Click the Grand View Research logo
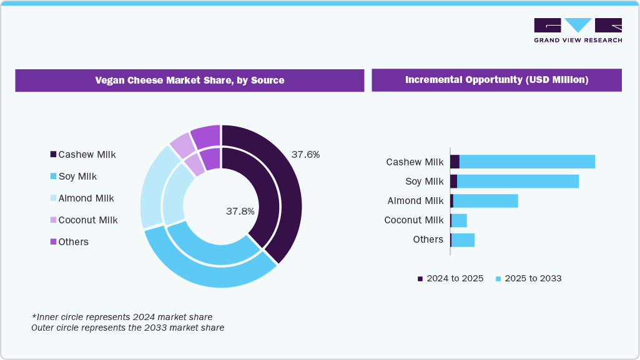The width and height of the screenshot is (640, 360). tap(578, 30)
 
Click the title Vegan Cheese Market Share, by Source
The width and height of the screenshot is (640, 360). tap(189, 80)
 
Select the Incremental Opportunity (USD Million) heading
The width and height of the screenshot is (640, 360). tap(496, 80)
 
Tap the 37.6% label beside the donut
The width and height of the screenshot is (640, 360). tap(305, 154)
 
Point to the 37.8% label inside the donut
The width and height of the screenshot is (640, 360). tap(240, 212)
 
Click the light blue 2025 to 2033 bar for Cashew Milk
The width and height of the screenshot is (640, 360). tap(527, 162)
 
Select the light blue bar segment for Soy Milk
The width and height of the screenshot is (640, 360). tap(518, 182)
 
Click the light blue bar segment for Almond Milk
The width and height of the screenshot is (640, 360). tap(485, 201)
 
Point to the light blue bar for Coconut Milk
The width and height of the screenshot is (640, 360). tap(459, 220)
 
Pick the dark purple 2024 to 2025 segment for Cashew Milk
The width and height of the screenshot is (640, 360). tap(455, 162)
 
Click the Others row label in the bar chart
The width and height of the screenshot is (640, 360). tap(428, 240)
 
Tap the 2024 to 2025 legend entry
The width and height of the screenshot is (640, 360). tap(450, 278)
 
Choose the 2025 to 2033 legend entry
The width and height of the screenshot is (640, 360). tap(528, 278)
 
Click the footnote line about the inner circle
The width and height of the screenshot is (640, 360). tap(122, 317)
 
